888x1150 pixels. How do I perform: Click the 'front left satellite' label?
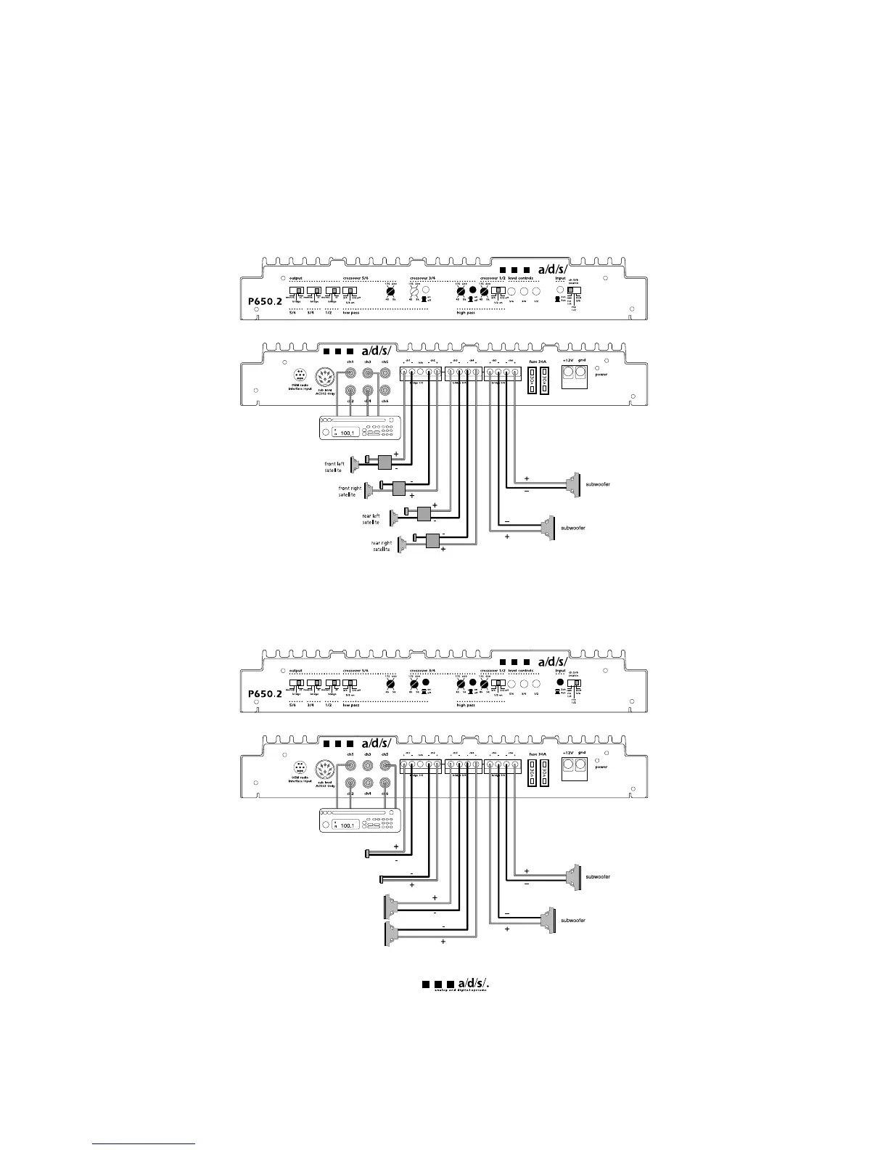334,467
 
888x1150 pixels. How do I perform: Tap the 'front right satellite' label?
350,492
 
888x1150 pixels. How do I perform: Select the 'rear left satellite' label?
371,519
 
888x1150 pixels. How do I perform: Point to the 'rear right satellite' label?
382,546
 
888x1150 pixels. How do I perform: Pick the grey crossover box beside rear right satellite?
434,541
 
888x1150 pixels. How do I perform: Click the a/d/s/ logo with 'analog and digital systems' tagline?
459,985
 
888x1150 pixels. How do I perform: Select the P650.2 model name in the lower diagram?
261,693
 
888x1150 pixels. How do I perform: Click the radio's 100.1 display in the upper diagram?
348,433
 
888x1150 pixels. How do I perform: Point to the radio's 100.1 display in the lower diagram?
348,825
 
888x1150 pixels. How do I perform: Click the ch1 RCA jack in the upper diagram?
350,374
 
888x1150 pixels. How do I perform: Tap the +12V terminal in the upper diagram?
568,374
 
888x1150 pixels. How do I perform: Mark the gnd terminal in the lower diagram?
582,767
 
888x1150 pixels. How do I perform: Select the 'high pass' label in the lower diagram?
466,705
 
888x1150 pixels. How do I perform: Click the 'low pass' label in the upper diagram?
351,313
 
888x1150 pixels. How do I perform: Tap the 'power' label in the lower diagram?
601,767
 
